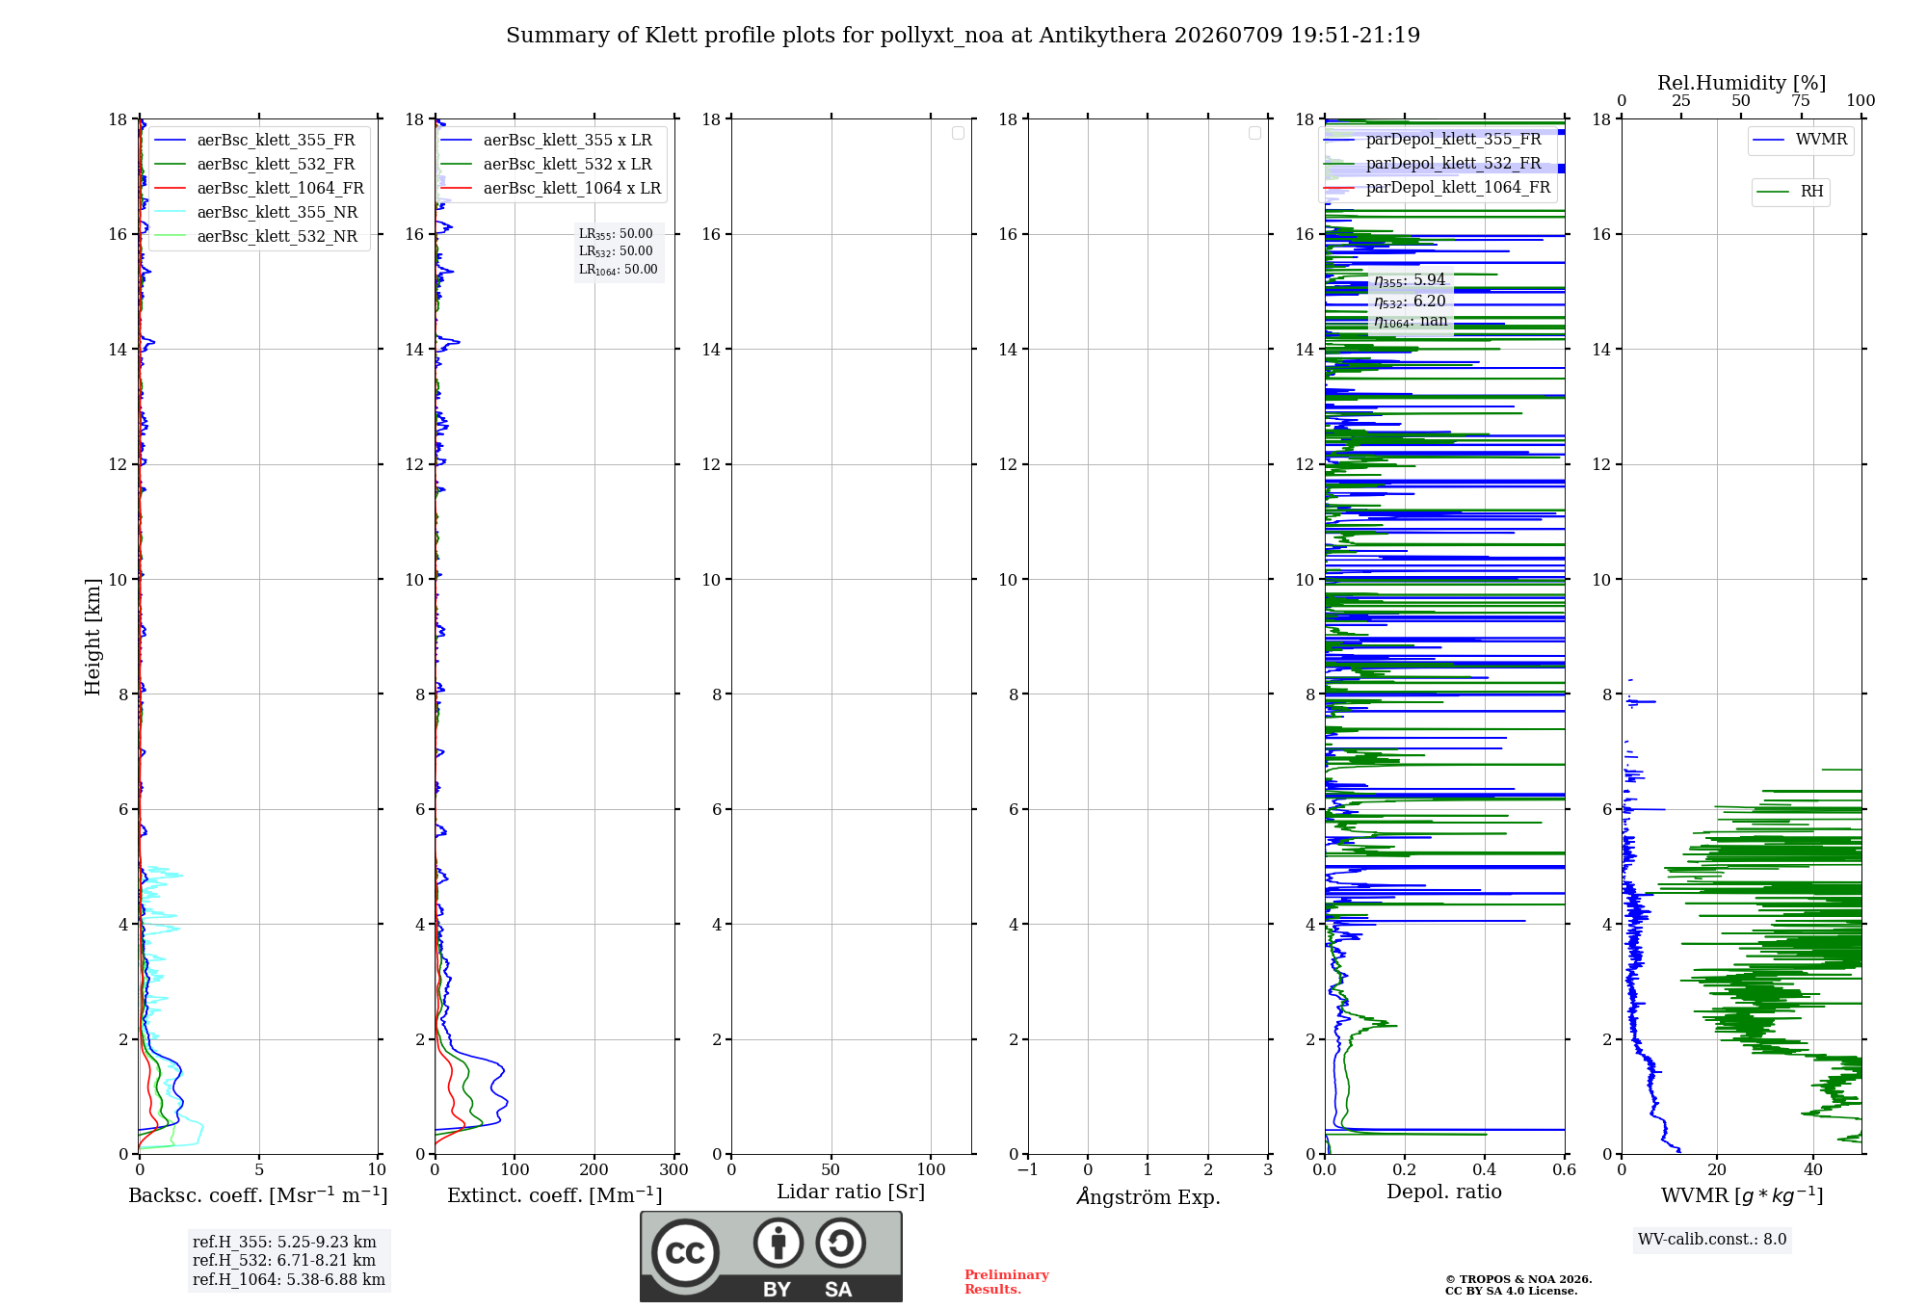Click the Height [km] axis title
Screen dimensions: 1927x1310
click(x=92, y=637)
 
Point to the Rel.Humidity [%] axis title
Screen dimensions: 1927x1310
click(x=1741, y=83)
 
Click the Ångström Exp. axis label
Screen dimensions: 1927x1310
click(x=1148, y=1196)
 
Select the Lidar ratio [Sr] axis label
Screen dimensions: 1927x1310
click(x=851, y=1192)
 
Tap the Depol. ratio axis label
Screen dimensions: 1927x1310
click(x=1444, y=1192)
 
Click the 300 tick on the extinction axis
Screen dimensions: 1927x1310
click(x=674, y=1169)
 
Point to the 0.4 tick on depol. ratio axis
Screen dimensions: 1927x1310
click(x=1485, y=1169)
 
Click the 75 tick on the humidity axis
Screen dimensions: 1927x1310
click(x=1801, y=100)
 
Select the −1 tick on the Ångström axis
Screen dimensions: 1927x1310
click(x=1028, y=1169)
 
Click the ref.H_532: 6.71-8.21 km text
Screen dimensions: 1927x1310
click(x=284, y=1260)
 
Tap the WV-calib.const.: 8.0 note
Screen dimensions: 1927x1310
click(x=1712, y=1239)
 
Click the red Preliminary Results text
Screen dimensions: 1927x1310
click(x=1007, y=1282)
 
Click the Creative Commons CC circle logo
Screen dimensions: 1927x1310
click(x=685, y=1253)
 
